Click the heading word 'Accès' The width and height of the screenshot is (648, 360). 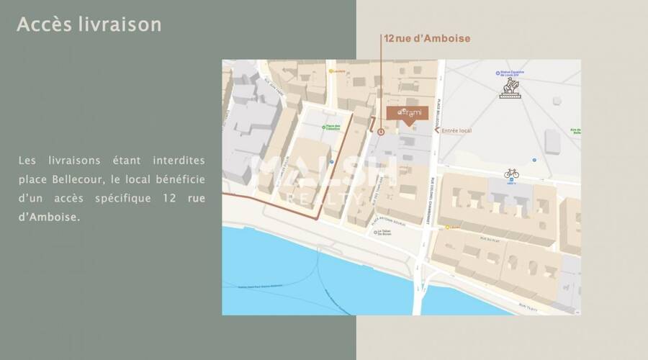pos(42,24)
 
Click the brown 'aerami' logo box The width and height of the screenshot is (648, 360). pos(408,114)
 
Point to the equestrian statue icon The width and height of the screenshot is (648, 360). pos(510,88)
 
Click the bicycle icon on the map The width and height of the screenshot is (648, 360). pos(511,173)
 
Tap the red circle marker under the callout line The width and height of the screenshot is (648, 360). pos(381,131)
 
